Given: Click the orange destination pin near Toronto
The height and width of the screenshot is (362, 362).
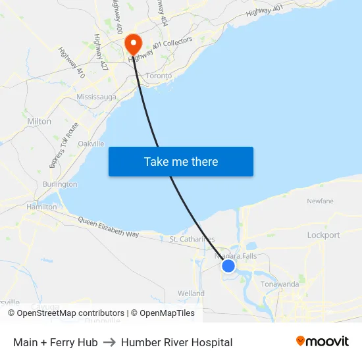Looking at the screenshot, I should coord(133,43).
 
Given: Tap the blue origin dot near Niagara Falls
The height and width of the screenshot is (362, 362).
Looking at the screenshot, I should coord(228,265).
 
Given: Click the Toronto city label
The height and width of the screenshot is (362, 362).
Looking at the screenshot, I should coord(159,76).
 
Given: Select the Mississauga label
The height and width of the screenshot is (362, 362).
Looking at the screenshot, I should coord(96,97).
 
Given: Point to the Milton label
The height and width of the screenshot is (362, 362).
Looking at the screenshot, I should coord(39,122).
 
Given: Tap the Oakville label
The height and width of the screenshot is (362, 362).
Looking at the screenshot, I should coord(91,143).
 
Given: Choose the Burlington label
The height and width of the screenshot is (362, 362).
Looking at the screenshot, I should coord(60,184).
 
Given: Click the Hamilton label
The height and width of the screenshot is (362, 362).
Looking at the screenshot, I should coord(41,207).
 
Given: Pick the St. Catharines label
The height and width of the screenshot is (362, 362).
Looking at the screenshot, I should coord(192,239).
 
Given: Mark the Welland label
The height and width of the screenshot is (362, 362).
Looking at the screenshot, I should coord(191,294).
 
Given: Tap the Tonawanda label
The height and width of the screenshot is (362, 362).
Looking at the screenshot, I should coord(280,284).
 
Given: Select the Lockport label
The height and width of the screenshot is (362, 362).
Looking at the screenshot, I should coord(323,235).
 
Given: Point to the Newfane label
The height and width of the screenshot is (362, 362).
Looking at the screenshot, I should coord(320,201).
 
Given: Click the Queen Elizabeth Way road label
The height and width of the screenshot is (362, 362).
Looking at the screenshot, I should coord(109,228).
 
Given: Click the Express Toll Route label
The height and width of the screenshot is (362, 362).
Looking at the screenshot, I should coord(63,145).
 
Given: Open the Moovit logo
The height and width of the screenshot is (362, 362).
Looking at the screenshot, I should coord(323,342).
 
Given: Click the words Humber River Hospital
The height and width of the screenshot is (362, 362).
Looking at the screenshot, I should coord(176,342).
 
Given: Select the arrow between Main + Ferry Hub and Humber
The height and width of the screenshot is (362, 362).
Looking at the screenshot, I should coord(109,342).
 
